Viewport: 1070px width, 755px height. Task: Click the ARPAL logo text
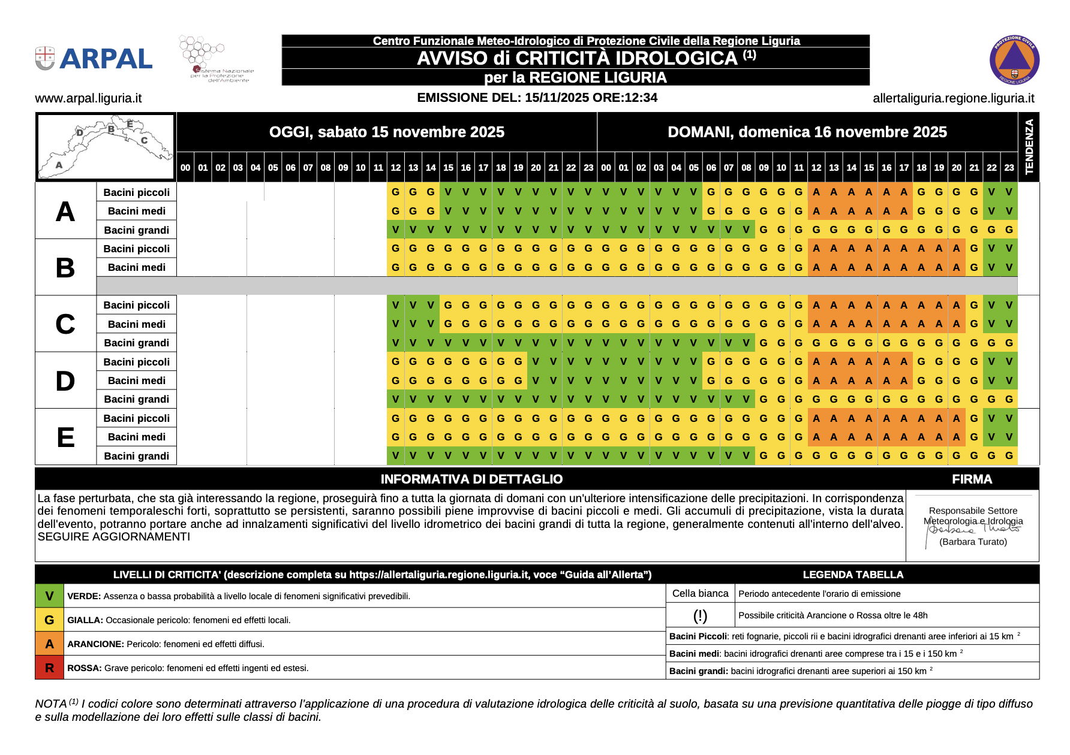point(106,59)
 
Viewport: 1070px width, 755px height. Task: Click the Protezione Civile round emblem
point(1014,60)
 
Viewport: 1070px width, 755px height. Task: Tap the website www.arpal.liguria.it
point(88,98)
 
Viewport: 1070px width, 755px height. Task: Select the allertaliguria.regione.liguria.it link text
point(953,98)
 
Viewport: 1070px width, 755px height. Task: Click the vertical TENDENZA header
point(1029,147)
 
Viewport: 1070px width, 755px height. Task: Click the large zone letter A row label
point(65,212)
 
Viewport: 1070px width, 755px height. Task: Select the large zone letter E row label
point(65,437)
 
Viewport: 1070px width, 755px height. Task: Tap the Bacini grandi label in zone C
point(136,343)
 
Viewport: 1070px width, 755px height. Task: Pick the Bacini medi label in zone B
point(136,267)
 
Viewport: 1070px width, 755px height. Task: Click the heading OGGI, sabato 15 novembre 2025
point(386,132)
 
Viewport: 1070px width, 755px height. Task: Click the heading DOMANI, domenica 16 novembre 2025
point(807,132)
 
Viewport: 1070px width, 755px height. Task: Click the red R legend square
point(49,668)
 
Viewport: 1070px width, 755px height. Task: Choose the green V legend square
point(49,596)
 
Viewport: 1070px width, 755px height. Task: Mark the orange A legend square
point(49,644)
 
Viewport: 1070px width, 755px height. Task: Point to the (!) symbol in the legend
point(700,615)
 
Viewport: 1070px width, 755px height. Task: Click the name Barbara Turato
point(973,542)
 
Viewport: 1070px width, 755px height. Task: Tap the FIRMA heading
point(972,479)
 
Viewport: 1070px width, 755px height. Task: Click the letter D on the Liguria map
point(80,132)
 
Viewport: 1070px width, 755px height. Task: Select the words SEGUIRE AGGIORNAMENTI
point(114,537)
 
